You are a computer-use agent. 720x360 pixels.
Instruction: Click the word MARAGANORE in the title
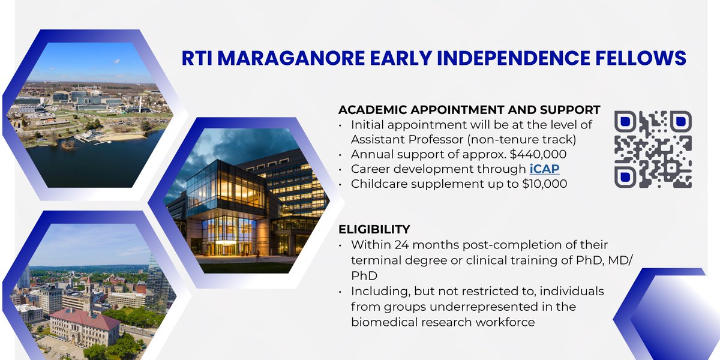[291, 58]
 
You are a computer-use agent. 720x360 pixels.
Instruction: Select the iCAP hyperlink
[545, 169]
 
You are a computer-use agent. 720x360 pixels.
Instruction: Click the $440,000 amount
[538, 154]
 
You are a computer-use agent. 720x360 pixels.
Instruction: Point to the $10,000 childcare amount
[545, 184]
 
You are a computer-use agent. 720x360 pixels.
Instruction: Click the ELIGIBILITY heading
[374, 229]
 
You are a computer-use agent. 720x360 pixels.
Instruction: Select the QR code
[653, 149]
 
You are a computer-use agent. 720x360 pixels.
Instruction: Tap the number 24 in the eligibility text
[401, 245]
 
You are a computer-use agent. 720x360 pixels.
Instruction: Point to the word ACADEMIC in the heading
[373, 110]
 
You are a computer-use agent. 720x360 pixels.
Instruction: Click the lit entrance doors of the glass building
[229, 248]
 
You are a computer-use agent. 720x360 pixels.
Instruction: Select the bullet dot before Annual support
[340, 155]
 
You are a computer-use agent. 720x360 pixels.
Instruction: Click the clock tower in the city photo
[88, 294]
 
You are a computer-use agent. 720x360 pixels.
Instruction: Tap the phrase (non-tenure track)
[521, 139]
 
